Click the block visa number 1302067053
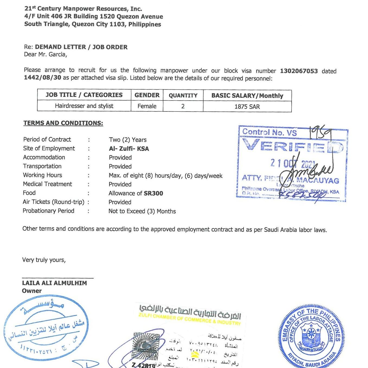(299, 71)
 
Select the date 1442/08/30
(42, 78)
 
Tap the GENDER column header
(147, 95)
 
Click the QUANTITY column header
(183, 95)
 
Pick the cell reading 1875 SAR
(247, 107)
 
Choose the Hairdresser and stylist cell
(84, 106)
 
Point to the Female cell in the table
(147, 106)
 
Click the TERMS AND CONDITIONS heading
(63, 123)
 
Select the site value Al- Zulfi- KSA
(129, 149)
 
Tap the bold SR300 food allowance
(153, 193)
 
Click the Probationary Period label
(48, 211)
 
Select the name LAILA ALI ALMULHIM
(55, 283)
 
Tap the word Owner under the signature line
(32, 291)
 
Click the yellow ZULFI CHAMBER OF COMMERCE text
(189, 319)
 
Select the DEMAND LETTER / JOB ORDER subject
(81, 47)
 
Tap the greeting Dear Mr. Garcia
(45, 55)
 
